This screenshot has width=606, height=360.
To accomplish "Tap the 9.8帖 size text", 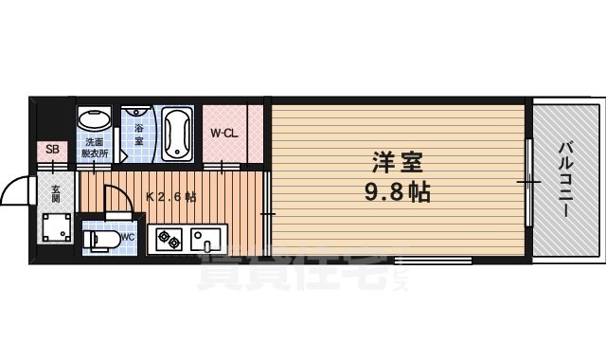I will [397, 193].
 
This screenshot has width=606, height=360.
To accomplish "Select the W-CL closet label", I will [223, 133].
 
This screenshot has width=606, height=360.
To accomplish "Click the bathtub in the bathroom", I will [177, 133].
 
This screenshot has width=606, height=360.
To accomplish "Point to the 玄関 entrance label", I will [55, 193].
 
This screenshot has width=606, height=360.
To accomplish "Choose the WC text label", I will [127, 239].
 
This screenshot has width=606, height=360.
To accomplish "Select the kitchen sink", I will [205, 238].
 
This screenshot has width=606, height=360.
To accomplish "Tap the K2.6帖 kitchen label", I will [171, 197].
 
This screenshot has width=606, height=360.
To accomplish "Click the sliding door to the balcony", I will [527, 179].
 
